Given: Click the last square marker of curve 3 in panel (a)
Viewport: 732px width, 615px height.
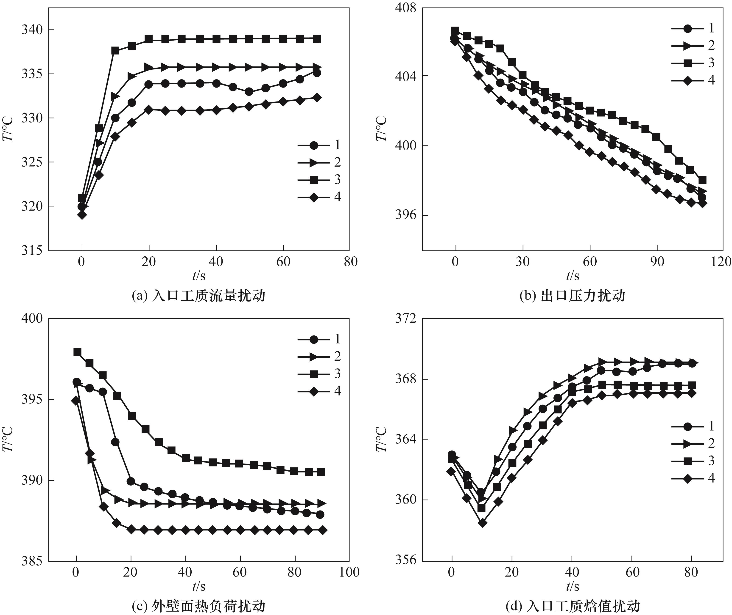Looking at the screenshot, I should click(x=317, y=39).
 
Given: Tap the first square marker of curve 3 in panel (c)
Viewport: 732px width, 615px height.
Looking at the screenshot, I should click(x=77, y=352).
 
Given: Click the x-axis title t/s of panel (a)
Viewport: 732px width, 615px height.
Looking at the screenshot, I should click(x=199, y=276).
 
